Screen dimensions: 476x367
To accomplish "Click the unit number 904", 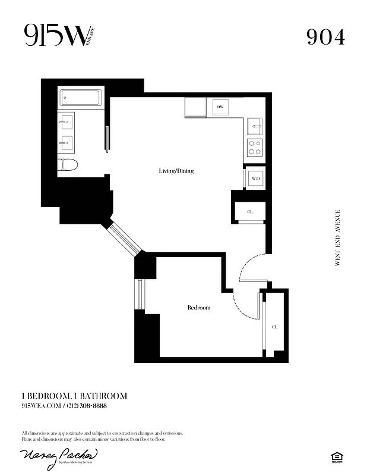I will [325, 37].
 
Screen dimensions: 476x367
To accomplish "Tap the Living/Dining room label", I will [176, 171].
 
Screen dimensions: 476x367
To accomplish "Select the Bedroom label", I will [199, 308].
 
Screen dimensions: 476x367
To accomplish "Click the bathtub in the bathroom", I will [81, 97].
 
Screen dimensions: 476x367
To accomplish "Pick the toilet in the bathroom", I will [68, 165].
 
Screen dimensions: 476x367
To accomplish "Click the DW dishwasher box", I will [220, 107].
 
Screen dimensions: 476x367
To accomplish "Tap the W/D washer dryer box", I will [255, 178].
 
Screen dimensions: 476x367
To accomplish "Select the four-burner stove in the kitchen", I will [255, 148].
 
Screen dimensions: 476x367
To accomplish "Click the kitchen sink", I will [255, 126].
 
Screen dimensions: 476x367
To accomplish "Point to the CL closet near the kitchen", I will [250, 211].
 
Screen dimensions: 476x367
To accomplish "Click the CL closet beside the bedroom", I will [274, 327].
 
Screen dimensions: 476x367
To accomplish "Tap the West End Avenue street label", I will [338, 237].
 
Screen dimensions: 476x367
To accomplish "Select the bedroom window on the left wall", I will [140, 294].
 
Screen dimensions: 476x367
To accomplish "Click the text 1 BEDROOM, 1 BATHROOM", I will [74, 396].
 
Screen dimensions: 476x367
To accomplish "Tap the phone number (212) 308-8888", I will [87, 405].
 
